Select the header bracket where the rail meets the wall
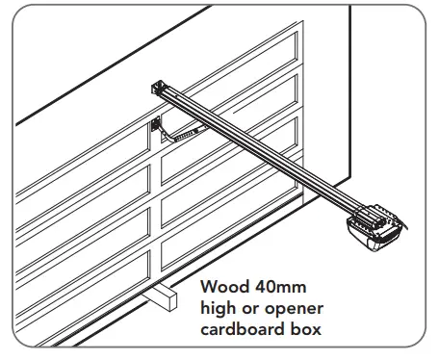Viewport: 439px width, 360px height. coord(157,90)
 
